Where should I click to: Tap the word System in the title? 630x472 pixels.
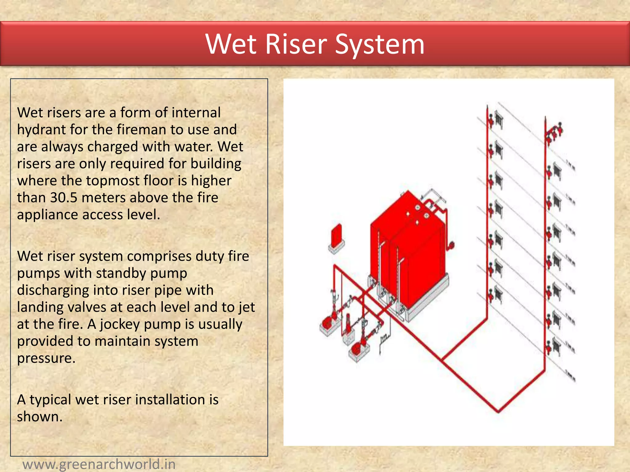pos(380,45)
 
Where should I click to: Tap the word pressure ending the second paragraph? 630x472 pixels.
pos(46,358)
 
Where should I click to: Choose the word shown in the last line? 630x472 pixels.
pos(39,417)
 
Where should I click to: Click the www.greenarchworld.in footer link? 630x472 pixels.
pos(99,464)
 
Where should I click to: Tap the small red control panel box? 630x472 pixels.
pos(336,235)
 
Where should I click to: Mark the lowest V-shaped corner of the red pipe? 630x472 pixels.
pos(498,411)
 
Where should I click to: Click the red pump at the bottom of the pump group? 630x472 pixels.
pos(357,349)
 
